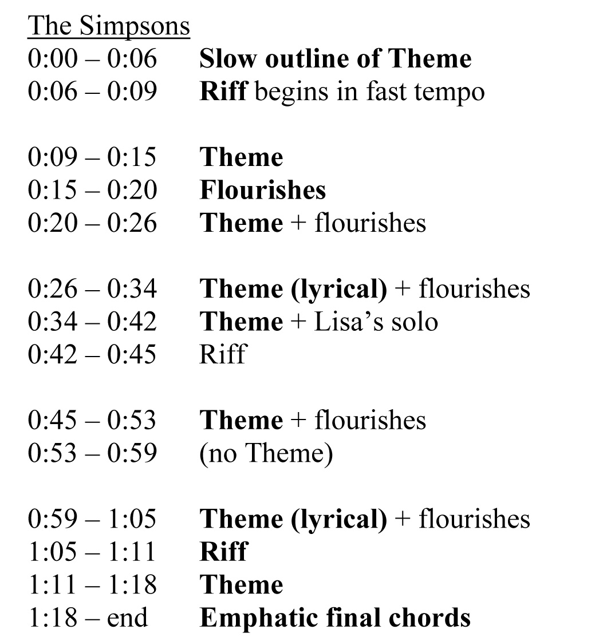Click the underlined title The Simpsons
(x=109, y=26)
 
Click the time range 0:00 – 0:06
(x=92, y=59)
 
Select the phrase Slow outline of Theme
(x=335, y=59)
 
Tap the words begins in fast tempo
(x=369, y=92)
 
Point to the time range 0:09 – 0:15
(x=92, y=157)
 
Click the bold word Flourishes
(x=262, y=190)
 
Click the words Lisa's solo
(x=376, y=321)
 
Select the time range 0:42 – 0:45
(x=92, y=354)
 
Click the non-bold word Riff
(x=222, y=354)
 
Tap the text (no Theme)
(x=266, y=453)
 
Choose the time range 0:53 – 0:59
(x=92, y=453)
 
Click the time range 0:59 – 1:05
(x=92, y=519)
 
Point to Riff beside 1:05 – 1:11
(x=223, y=551)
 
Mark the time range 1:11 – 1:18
(x=92, y=584)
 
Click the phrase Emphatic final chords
(x=335, y=618)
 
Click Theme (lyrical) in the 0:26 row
(x=293, y=288)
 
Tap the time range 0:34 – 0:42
(x=92, y=321)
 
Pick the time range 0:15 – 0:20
(x=92, y=190)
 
